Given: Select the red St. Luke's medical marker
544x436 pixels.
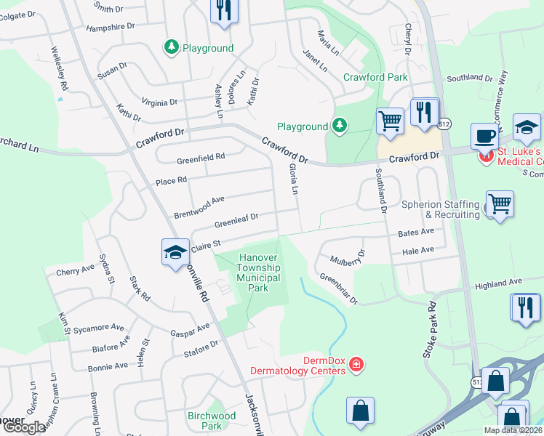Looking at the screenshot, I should [481, 154].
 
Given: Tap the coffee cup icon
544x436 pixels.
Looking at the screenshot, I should [484, 136].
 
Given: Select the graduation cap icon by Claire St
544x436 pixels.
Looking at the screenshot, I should [175, 251].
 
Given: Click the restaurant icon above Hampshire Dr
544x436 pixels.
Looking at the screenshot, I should [223, 10].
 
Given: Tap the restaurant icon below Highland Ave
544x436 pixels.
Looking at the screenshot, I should [525, 306].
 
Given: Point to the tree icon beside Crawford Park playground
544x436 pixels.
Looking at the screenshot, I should [339, 126].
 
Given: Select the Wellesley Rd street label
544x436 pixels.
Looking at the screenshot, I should [60, 69].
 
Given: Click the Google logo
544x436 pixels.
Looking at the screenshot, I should [24, 427].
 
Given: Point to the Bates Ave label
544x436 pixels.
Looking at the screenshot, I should [416, 233].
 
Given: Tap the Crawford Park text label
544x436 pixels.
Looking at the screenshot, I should [375, 77].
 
